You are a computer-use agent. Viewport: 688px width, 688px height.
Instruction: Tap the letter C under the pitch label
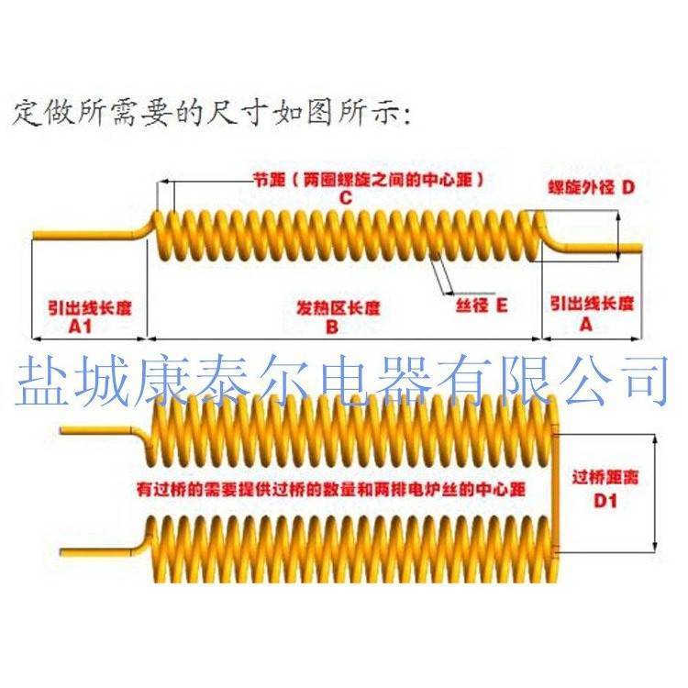click(x=345, y=198)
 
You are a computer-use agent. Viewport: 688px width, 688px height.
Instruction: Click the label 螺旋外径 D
click(x=591, y=187)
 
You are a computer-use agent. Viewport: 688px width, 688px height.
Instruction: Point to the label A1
click(x=83, y=326)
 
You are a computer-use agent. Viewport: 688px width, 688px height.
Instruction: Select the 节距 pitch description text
click(x=368, y=180)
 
